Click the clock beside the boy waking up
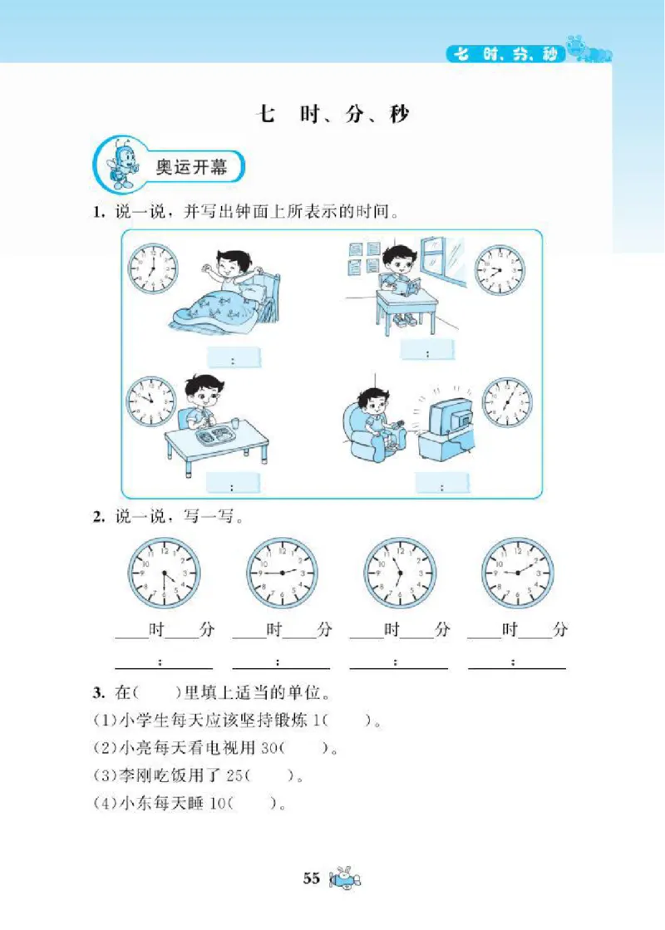click(152, 268)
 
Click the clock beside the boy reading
click(500, 270)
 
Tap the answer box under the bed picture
click(234, 359)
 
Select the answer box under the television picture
click(442, 484)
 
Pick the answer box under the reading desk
click(427, 351)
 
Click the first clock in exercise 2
click(164, 573)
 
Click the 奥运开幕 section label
click(192, 165)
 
